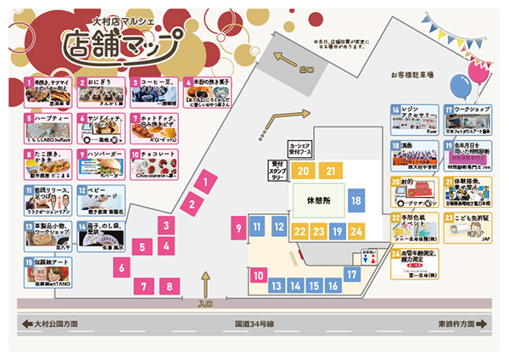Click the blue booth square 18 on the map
click(x=355, y=201)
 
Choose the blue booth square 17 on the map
click(x=351, y=274)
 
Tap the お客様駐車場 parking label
click(x=412, y=76)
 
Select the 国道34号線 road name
click(x=254, y=324)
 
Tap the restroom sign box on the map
click(x=367, y=256)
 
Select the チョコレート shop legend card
click(x=154, y=164)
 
